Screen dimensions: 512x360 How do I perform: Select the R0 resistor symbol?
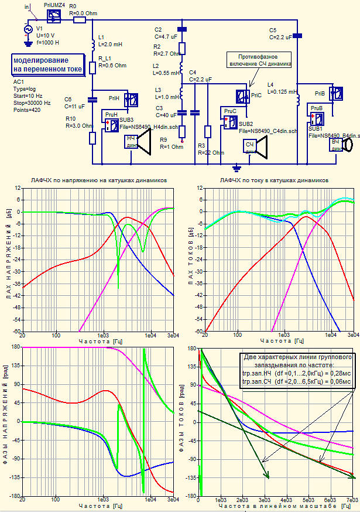click(x=80, y=19)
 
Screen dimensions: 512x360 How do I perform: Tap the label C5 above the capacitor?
click(x=273, y=30)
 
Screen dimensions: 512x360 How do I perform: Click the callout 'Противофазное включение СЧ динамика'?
click(x=259, y=60)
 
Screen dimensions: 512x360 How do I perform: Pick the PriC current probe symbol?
click(x=242, y=95)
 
